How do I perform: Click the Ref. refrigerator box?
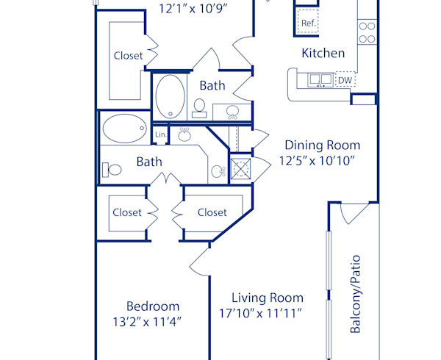point(308,22)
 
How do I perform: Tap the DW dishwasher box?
point(344,80)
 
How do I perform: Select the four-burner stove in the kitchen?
point(367,32)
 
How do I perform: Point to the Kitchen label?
point(323,54)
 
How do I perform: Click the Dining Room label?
point(322,145)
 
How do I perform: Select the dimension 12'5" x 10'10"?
point(317,161)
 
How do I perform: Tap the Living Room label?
point(268,298)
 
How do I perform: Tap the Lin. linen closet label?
point(161,134)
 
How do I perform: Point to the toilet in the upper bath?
point(198,109)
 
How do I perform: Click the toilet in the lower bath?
point(113,170)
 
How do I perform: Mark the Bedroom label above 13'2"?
point(152,306)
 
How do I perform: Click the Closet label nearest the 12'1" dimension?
point(128,55)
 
